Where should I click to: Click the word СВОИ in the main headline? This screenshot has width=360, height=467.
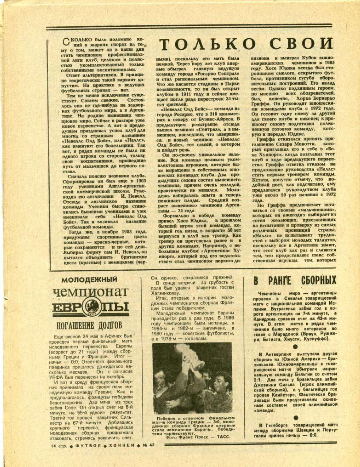coord(299,44)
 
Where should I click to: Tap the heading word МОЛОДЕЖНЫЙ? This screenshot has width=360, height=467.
coord(89,280)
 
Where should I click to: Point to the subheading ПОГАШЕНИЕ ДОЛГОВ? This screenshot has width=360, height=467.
coord(90,325)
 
